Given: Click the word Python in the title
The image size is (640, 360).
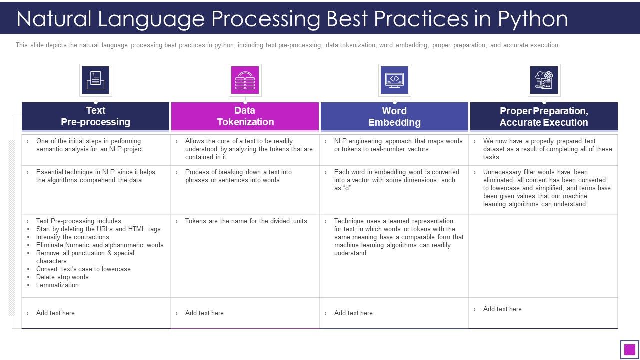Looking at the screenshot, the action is pyautogui.click(x=533, y=19).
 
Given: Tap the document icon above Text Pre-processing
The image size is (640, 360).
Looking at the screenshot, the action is pyautogui.click(x=95, y=80).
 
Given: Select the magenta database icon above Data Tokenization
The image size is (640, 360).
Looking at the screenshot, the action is pyautogui.click(x=245, y=80).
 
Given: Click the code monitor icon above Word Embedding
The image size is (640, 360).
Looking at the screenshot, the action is pyautogui.click(x=395, y=80).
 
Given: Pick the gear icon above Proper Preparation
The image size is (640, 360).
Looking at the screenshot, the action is pyautogui.click(x=544, y=80).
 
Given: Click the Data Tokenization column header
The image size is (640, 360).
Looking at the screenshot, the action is pyautogui.click(x=245, y=116).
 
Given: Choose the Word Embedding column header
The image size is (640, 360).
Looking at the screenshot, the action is pyautogui.click(x=394, y=116).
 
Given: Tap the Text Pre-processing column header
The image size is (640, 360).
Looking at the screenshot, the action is pyautogui.click(x=95, y=116).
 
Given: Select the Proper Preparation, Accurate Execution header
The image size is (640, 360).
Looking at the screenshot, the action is pyautogui.click(x=544, y=116).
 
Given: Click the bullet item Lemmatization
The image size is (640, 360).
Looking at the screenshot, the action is pyautogui.click(x=57, y=285).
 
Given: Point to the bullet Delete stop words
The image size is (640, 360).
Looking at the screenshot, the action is pyautogui.click(x=62, y=277).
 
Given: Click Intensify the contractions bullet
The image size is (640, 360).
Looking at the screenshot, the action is pyautogui.click(x=73, y=237).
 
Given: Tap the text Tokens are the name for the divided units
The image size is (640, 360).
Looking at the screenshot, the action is pyautogui.click(x=246, y=221).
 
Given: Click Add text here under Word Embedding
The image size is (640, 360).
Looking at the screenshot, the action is pyautogui.click(x=353, y=313).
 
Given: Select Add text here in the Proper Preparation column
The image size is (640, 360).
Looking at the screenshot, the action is pyautogui.click(x=502, y=309).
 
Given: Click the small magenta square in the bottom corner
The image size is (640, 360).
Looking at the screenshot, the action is pyautogui.click(x=629, y=349).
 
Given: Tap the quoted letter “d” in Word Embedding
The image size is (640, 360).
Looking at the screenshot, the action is pyautogui.click(x=347, y=188).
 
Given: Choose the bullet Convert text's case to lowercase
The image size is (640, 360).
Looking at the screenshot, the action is pyautogui.click(x=83, y=269).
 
